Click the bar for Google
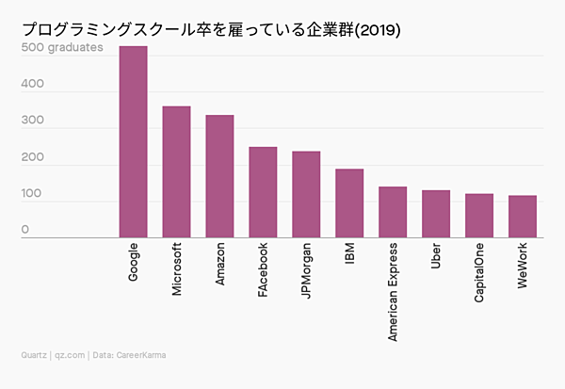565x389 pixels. click(x=133, y=141)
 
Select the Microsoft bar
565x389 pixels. click(x=176, y=171)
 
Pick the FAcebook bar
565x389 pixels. click(x=263, y=192)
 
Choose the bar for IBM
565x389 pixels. click(x=349, y=203)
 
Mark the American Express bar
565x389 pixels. click(x=393, y=212)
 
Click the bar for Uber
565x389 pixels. click(x=436, y=214)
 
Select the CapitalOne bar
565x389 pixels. click(x=479, y=216)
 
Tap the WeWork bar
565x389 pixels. click(x=523, y=217)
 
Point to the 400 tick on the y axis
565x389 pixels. click(x=33, y=84)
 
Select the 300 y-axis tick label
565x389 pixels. click(x=33, y=121)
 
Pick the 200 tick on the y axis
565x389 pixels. click(x=33, y=157)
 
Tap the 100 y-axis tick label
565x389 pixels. click(x=33, y=193)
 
